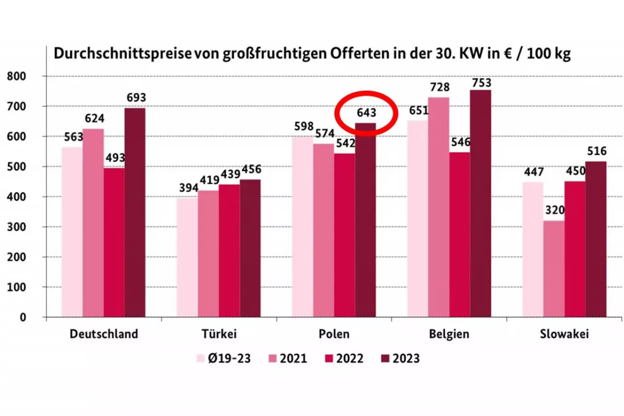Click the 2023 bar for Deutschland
coord(135,212)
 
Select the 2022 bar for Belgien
coord(460,235)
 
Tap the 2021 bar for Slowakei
coord(554,269)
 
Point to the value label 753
coord(481,82)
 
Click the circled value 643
coord(366,113)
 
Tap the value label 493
coord(114,158)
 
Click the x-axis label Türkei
coord(219,334)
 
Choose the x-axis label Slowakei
coord(565,334)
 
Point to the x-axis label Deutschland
coord(104,334)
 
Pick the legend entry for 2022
coord(343,358)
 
